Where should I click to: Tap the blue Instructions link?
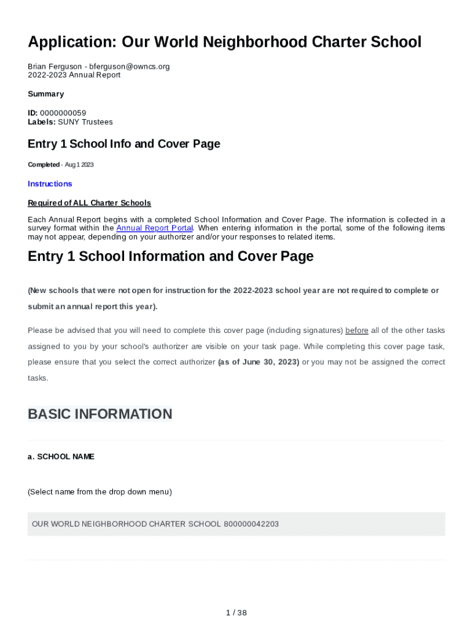(50, 184)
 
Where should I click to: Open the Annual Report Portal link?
(154, 228)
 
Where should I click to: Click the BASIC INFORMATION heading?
(100, 414)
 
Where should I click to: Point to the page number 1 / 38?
(237, 612)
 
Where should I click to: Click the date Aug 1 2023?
(79, 165)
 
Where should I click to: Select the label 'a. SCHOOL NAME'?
(61, 457)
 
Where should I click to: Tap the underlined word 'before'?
(357, 330)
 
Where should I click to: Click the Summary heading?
(45, 94)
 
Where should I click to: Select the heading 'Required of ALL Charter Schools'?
(89, 203)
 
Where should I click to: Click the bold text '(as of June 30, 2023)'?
(259, 362)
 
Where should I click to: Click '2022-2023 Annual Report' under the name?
(74, 75)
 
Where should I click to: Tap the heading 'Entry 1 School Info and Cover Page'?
(123, 144)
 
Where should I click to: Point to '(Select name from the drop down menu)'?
(100, 491)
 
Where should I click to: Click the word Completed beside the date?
(44, 165)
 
